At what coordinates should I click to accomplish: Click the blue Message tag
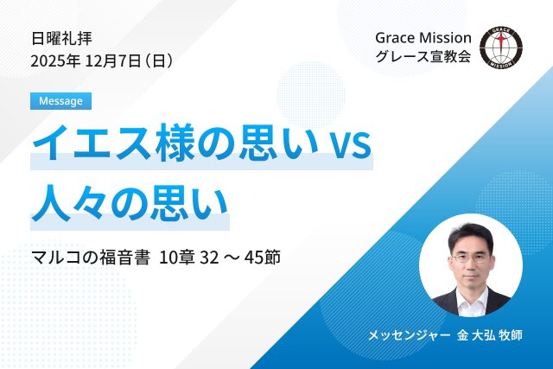click(x=60, y=101)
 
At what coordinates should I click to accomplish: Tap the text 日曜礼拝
click(x=60, y=38)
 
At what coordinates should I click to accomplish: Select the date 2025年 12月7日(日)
click(x=102, y=61)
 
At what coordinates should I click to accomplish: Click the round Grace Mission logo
click(x=500, y=48)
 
